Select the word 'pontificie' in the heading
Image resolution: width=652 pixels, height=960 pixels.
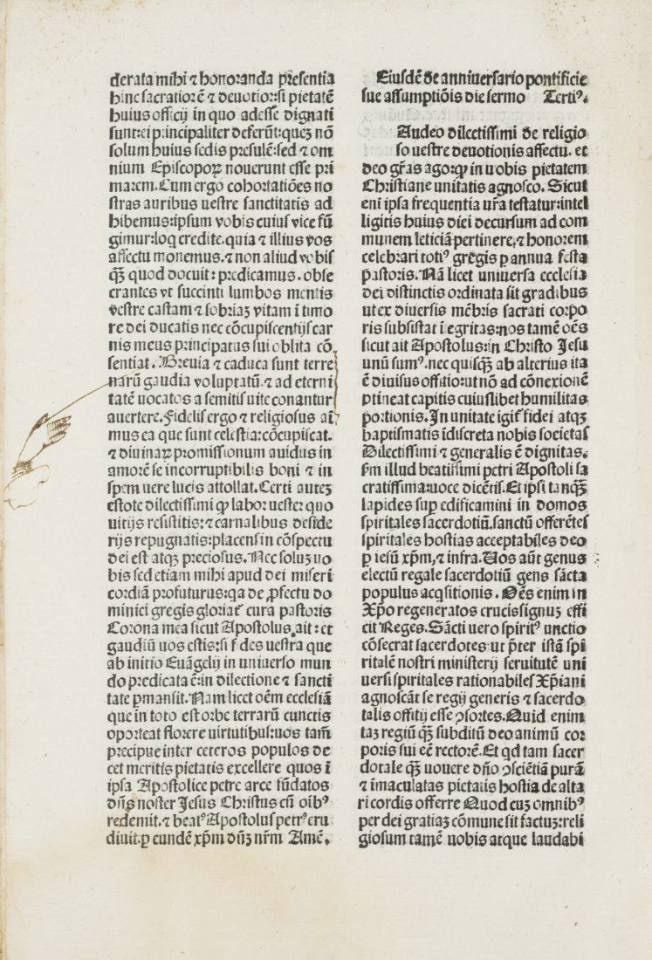[560, 77]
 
